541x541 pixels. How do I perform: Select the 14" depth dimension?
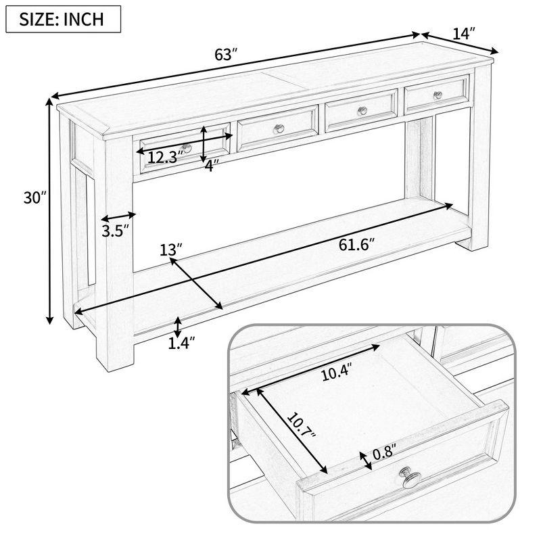point(464,32)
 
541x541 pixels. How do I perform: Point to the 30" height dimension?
point(32,198)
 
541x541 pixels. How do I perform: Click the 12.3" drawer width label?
point(166,158)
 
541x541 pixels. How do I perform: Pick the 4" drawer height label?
point(212,166)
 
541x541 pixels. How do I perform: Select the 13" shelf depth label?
point(171,251)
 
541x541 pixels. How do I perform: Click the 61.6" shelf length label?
point(356,244)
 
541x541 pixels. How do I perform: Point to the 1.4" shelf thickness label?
point(182,344)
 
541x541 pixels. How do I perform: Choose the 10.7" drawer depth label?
point(300,433)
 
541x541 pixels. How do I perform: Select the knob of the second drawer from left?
point(279,128)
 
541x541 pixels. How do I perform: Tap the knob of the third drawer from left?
point(362,110)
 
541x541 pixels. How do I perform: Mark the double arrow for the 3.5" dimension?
point(118,216)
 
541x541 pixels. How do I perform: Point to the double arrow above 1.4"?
point(177,327)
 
